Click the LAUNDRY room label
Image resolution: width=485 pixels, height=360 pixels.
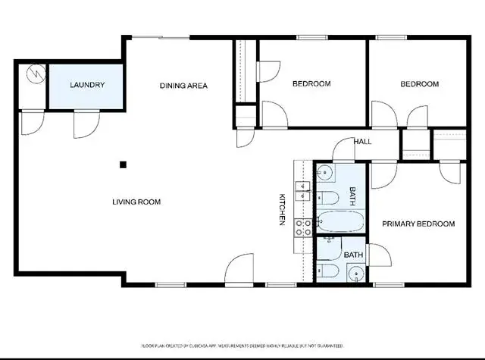pos(87,85)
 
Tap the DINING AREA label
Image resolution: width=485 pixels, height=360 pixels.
pos(183,86)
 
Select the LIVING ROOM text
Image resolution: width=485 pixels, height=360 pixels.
pos(136,202)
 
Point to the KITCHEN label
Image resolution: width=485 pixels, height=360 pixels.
pos(282,209)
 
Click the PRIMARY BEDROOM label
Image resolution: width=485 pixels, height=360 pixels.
pos(418,224)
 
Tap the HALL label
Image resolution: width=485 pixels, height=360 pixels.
pos(362,142)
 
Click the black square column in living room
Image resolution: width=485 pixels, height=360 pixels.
pos(123,165)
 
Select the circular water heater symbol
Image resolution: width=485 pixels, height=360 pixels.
pos(36,74)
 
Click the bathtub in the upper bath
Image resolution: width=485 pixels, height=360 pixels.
pos(340,221)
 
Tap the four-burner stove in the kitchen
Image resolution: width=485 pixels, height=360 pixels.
pos(303,227)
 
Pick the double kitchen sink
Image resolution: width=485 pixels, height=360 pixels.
pos(303,191)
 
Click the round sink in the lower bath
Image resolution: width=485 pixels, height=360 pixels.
pos(356,274)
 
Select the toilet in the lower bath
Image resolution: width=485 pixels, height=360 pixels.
pos(327,271)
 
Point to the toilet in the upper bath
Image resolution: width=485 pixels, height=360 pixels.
pos(327,198)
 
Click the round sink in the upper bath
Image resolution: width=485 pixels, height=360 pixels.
pos(326,172)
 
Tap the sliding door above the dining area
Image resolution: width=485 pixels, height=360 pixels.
pos(161,38)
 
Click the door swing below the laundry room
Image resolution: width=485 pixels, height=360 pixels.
pos(86,124)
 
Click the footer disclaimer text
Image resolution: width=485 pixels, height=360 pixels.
pos(242,346)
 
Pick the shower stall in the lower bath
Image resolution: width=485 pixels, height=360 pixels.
pos(329,249)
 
